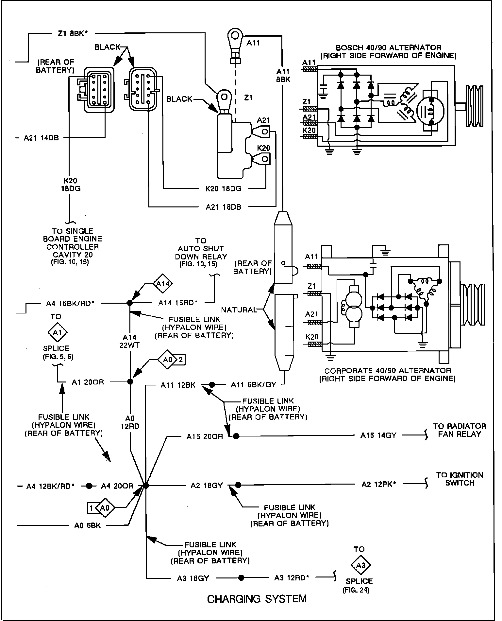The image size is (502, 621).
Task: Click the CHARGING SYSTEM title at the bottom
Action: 257,599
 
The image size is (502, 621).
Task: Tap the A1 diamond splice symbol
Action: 57,333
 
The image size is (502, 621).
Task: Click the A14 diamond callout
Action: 163,284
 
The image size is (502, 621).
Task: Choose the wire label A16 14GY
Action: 378,435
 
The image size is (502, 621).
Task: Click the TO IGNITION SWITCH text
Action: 460,479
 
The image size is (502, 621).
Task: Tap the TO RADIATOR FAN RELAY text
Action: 460,430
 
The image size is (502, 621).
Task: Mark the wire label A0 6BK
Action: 88,526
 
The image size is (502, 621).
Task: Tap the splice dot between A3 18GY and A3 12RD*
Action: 241,578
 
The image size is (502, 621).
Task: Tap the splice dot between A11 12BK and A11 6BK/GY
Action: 212,384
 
